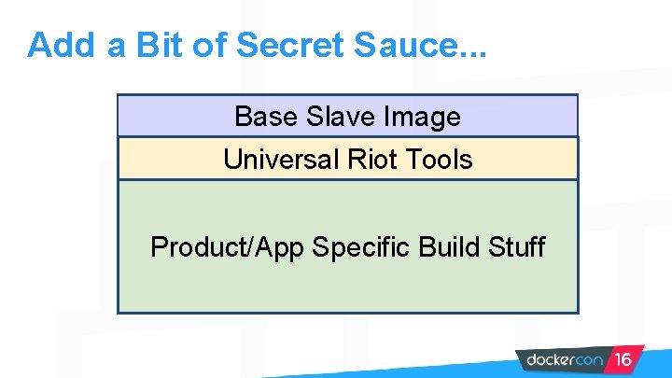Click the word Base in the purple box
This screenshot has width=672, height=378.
pyautogui.click(x=264, y=117)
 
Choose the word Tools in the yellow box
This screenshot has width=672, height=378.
pyautogui.click(x=439, y=160)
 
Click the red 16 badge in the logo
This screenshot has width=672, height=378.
pyautogui.click(x=623, y=359)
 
